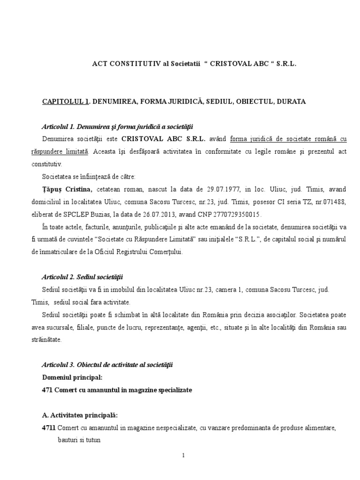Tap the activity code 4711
coord(49,427)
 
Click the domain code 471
coord(47,390)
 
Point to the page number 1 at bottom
coord(184,455)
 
